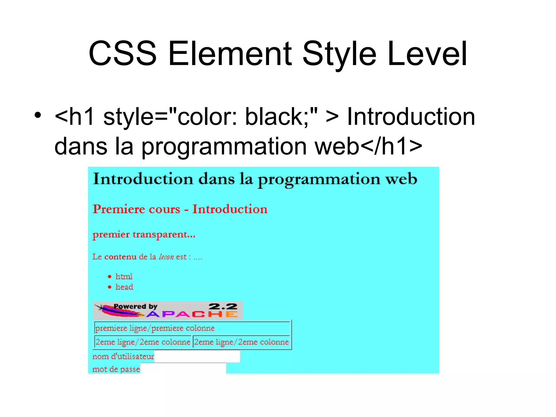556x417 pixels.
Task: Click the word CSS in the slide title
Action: [x=123, y=53]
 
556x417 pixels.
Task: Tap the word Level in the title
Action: [x=427, y=53]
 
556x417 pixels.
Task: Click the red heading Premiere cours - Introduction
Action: [x=180, y=209]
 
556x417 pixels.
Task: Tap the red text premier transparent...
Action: [x=144, y=234]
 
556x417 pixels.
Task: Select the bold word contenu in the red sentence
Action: [x=120, y=257]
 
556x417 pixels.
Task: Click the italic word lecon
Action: [x=166, y=257]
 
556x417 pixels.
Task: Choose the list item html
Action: [x=124, y=277]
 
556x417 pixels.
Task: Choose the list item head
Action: [x=124, y=287]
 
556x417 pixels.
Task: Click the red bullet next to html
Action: [x=109, y=277]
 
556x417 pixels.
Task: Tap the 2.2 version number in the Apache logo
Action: [x=223, y=307]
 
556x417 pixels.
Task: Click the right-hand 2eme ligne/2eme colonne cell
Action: [x=241, y=342]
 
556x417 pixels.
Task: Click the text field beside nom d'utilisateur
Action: [x=197, y=356]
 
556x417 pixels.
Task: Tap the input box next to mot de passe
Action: [x=183, y=369]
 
